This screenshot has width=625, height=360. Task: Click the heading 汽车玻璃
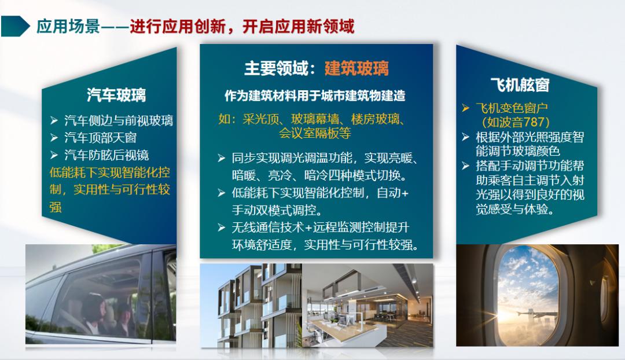pyautogui.click(x=116, y=94)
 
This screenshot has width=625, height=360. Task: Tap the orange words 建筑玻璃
pyautogui.click(x=356, y=68)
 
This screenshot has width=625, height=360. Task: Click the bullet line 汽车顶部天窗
pyautogui.click(x=101, y=138)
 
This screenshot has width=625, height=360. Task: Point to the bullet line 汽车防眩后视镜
pyautogui.click(x=107, y=155)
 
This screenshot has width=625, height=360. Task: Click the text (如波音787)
pyautogui.click(x=515, y=122)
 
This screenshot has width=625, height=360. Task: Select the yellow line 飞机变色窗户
pyautogui.click(x=512, y=108)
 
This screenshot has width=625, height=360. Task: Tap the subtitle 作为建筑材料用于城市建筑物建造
pyautogui.click(x=315, y=95)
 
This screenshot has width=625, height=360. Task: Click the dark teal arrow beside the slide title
pyautogui.click(x=16, y=26)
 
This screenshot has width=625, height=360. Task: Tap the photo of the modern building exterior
pyautogui.click(x=251, y=306)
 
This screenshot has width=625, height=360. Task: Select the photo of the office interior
pyautogui.click(x=367, y=306)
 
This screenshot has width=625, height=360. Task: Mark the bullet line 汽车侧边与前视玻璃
pyautogui.click(x=119, y=121)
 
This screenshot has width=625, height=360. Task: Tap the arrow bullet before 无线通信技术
pyautogui.click(x=221, y=228)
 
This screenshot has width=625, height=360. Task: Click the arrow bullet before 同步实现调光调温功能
pyautogui.click(x=221, y=159)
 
